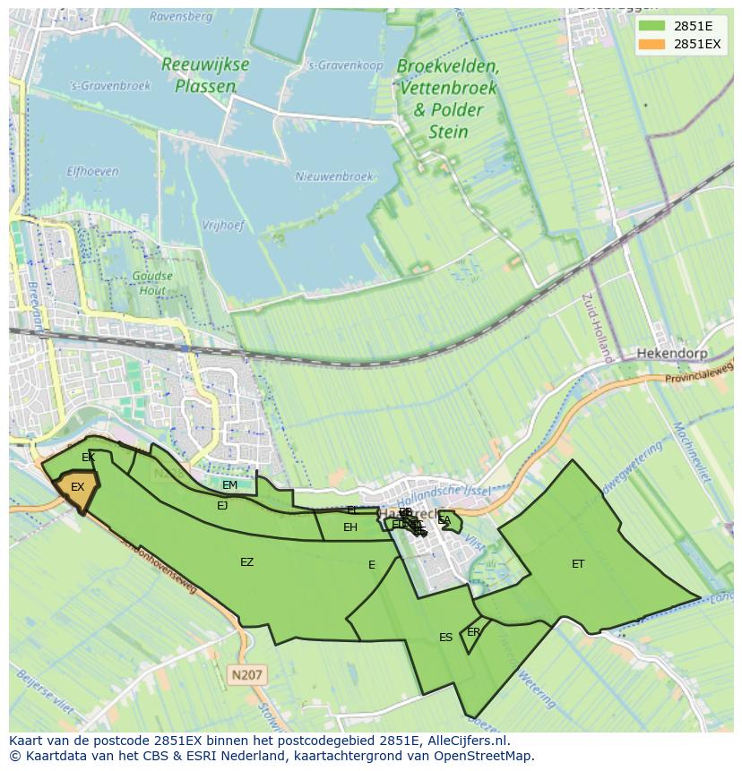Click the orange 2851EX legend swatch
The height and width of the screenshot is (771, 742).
[x=651, y=44]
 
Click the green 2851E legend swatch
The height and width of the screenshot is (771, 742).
[x=651, y=26]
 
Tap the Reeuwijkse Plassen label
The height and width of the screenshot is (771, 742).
[x=205, y=75]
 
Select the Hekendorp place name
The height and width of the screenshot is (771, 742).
[x=671, y=354]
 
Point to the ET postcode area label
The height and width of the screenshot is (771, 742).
[x=578, y=564]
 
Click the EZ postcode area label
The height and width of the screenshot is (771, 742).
[x=246, y=562]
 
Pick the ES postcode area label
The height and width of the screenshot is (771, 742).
[x=445, y=638]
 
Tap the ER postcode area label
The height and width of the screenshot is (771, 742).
[x=473, y=632]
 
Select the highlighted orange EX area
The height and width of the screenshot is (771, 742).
[x=76, y=489]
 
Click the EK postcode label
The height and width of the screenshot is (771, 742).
[x=88, y=458]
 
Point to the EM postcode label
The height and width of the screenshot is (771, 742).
[x=229, y=485]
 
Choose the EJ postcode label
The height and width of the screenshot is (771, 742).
[x=222, y=506]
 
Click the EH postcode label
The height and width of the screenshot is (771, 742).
[x=350, y=527]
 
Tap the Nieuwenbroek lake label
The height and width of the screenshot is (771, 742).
[x=333, y=177]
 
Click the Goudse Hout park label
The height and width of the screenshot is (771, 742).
[x=153, y=283]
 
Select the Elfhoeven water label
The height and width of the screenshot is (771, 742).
[x=92, y=171]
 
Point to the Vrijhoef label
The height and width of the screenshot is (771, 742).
[x=222, y=226]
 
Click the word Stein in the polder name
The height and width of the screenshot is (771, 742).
[x=448, y=133]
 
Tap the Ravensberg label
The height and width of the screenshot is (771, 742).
[x=181, y=16]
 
